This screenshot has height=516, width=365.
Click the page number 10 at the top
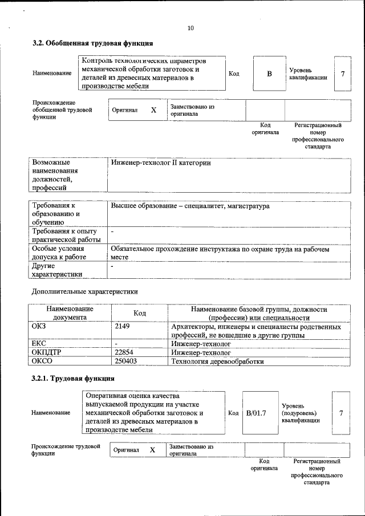point(190,27)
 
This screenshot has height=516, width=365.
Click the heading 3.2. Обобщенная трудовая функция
point(92,43)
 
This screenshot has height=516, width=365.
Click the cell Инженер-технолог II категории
point(161,162)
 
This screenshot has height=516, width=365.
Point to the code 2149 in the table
point(123,327)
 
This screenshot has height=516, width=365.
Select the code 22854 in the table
point(127,352)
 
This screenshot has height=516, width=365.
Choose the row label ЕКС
point(39,344)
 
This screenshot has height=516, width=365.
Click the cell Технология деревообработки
point(218,361)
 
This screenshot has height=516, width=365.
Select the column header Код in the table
point(140,313)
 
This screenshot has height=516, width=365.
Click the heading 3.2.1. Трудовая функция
point(74,378)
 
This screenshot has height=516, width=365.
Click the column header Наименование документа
point(70,313)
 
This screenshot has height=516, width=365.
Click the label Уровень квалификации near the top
point(308,74)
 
